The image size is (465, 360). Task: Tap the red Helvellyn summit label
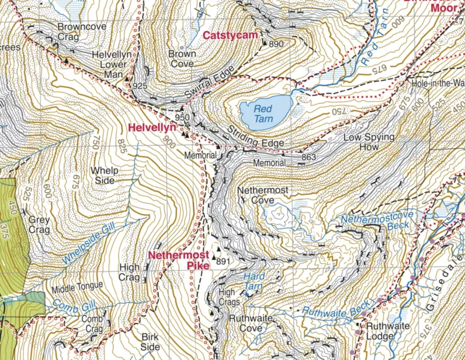[152, 127]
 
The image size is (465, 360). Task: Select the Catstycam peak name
[230, 36]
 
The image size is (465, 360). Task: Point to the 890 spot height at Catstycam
[276, 44]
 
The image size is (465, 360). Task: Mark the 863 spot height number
[309, 157]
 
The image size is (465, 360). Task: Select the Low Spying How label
[369, 143]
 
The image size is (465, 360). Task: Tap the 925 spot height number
[139, 86]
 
